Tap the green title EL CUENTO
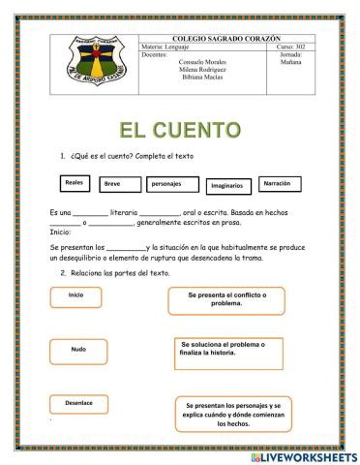179,129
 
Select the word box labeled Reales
75,182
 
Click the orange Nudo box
78,350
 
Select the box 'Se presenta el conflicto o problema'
229,299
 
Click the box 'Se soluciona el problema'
228,349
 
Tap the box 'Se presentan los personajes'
234,413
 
